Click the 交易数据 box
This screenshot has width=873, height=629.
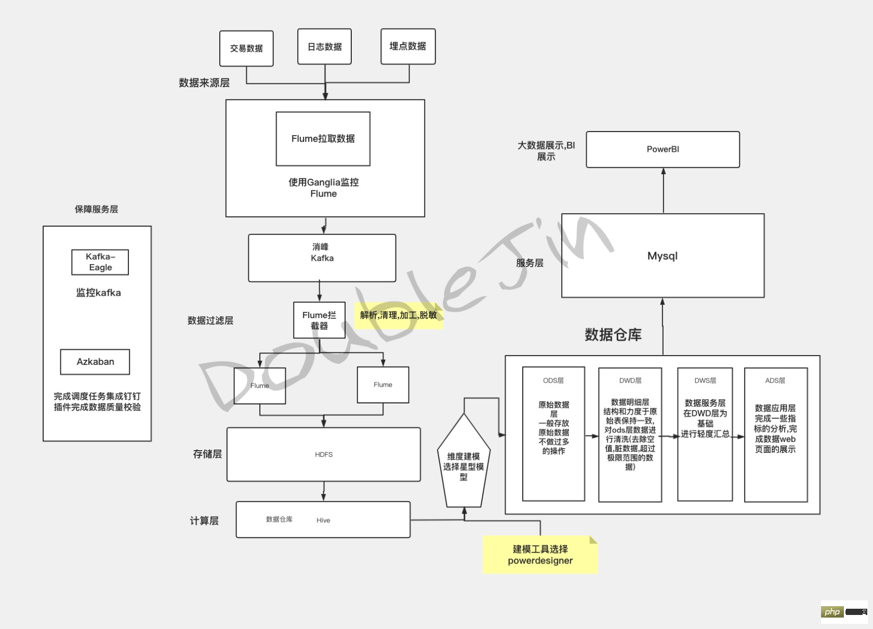[x=246, y=48]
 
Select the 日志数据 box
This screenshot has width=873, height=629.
[x=324, y=47]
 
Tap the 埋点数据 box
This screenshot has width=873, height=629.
[x=408, y=46]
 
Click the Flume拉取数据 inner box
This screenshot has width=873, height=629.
[x=323, y=139]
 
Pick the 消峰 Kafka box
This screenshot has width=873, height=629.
[x=322, y=258]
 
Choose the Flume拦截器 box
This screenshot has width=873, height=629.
[x=319, y=320]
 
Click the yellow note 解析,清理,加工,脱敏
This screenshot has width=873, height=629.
[x=399, y=315]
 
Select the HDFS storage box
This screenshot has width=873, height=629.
[x=323, y=454]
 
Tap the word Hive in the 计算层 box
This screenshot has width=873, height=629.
[x=323, y=520]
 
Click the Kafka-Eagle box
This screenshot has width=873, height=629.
[x=100, y=262]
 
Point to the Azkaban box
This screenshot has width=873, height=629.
[x=95, y=362]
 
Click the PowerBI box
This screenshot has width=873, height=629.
[x=663, y=149]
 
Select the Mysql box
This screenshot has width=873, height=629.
[x=663, y=256]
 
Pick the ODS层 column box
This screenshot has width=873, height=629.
[x=553, y=434]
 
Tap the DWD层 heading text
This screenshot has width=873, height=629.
[x=630, y=381]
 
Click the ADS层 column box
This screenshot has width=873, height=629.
[x=775, y=435]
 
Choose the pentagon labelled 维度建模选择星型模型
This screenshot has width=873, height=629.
[x=464, y=463]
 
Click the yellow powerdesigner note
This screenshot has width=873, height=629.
[x=540, y=555]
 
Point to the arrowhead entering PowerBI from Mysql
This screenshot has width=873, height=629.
[x=663, y=171]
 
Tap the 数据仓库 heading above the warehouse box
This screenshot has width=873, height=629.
[x=613, y=335]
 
